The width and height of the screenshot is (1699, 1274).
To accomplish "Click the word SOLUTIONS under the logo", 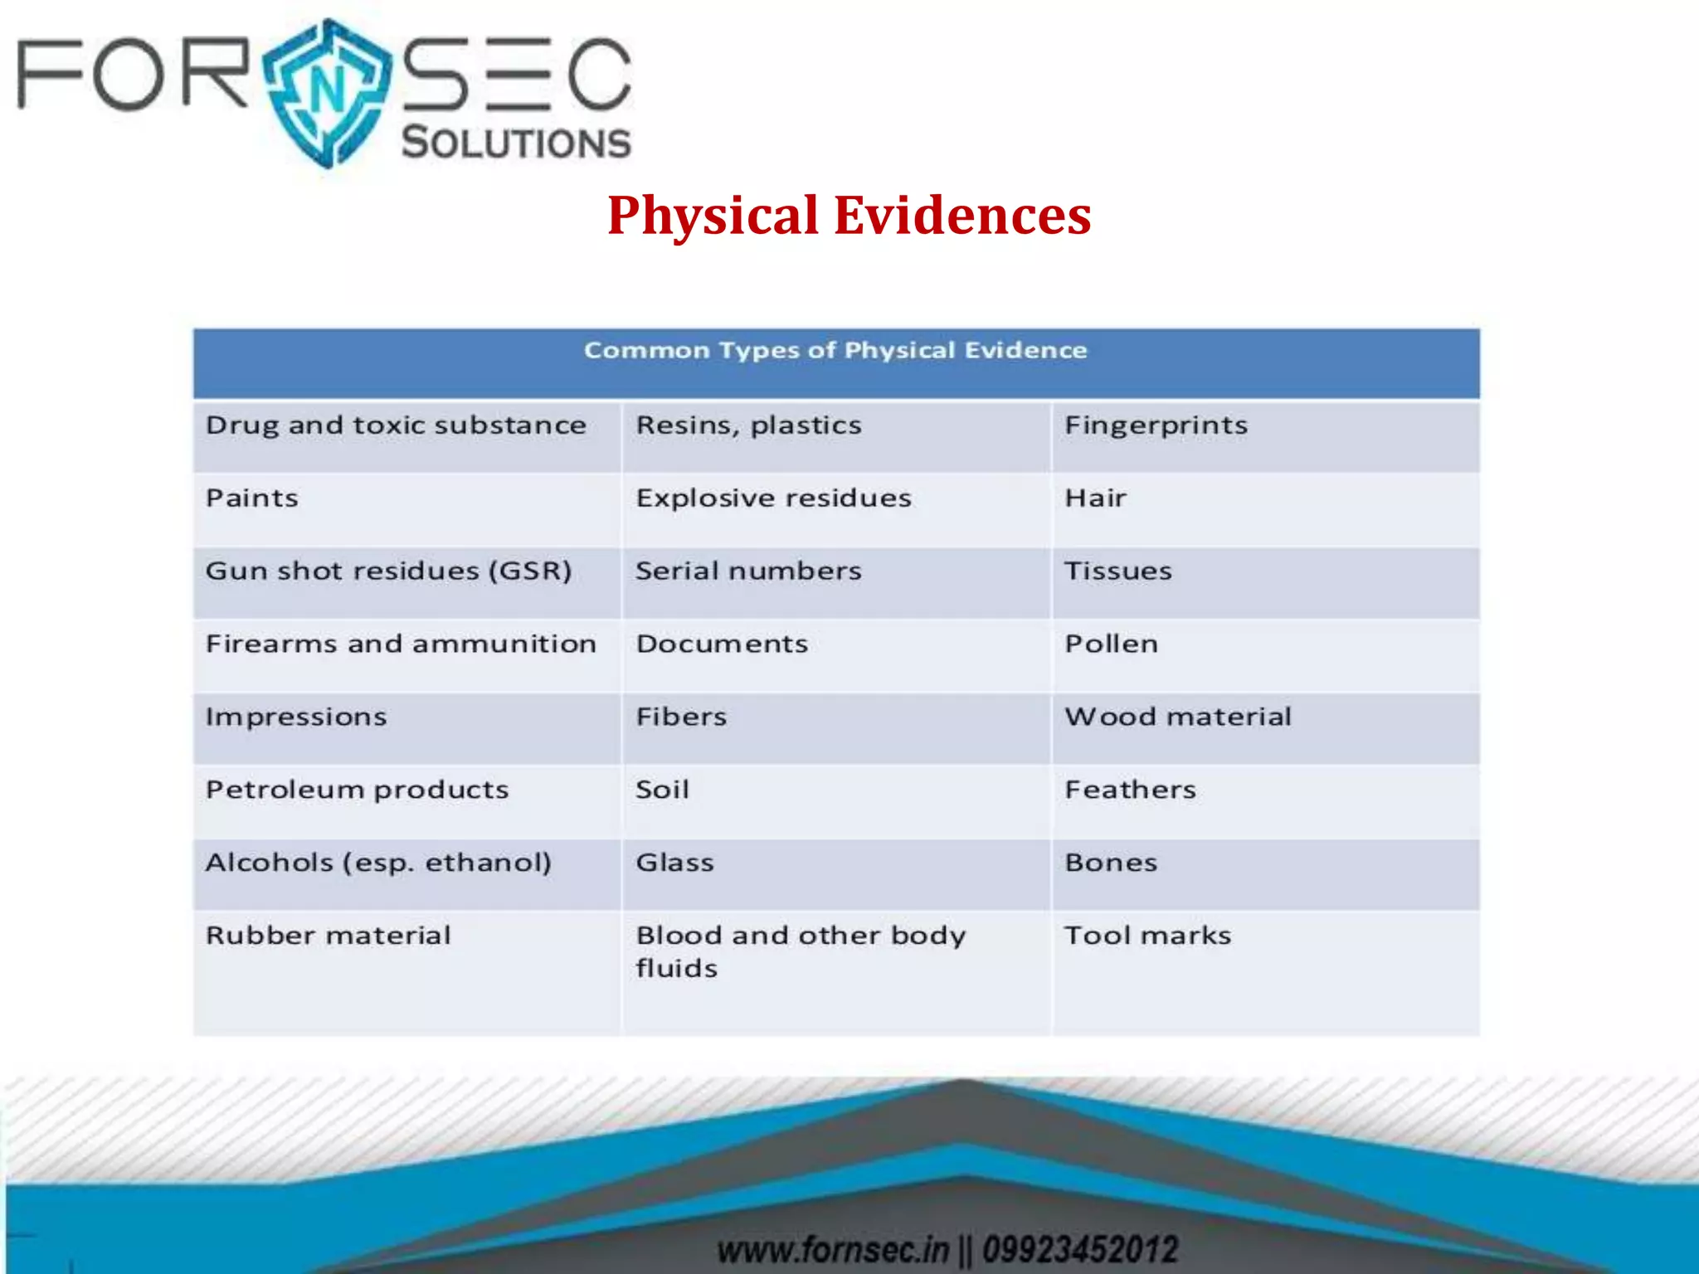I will [516, 143].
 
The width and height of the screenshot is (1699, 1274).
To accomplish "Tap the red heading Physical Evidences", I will [849, 215].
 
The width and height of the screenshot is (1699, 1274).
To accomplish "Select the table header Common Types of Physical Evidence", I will [835, 351].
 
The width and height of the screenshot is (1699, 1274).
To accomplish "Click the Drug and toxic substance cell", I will [396, 425].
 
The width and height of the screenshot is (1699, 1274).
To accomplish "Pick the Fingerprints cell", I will [1156, 425].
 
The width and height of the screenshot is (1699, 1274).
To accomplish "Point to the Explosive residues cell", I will [773, 498].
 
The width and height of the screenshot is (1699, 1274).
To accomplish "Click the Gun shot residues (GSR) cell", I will [388, 571].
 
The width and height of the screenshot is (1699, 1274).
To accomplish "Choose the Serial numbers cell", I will [748, 571].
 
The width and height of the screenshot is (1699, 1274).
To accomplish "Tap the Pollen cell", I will [1111, 644].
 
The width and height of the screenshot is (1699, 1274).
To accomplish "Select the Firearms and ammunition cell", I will [401, 644].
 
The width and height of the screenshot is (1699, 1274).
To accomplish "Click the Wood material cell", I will [1178, 717].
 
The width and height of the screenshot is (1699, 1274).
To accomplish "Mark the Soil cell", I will [662, 790].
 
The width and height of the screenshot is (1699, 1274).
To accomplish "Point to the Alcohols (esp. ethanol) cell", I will [378, 863].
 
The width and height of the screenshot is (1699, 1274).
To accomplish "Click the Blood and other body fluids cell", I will [801, 951].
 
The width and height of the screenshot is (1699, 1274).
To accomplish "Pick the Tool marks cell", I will [1147, 936].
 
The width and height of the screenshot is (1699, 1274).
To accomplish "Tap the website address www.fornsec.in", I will [832, 1249].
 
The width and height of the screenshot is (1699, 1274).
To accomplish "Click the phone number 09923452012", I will [1080, 1249].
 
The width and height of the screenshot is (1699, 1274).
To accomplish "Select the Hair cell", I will [1095, 498].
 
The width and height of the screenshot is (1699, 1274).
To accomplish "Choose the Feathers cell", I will [1130, 790].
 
